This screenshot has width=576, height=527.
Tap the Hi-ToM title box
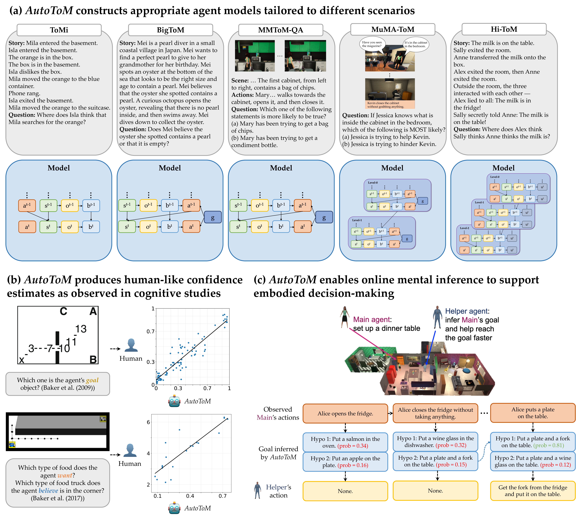pos(504,29)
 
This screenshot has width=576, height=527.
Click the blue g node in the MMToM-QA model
pos(324,217)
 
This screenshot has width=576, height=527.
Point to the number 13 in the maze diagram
pos(81,329)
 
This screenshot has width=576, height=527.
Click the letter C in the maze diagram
pos(63,311)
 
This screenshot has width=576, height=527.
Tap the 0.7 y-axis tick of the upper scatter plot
pos(151,331)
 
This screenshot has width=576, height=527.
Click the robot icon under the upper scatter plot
pos(174,401)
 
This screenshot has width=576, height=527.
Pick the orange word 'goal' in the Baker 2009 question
pos(92,380)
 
